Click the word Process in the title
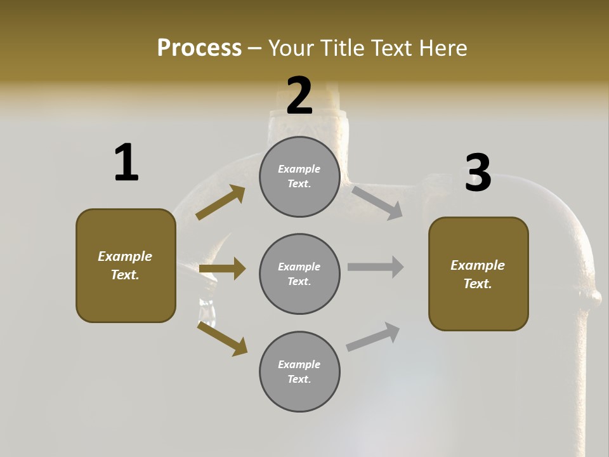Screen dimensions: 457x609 coord(199,48)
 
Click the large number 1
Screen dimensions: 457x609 coord(126,162)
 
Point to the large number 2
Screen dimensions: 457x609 coord(299,95)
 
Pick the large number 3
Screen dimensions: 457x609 coord(478,173)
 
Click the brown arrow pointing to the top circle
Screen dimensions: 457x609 coord(220,202)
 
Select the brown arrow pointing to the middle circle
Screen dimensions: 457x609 coord(222,268)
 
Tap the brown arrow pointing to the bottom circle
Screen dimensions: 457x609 coord(222,338)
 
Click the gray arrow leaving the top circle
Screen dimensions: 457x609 coord(377,202)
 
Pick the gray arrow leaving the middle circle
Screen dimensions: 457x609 coord(376,267)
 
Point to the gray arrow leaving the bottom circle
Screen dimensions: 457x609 coord(374,336)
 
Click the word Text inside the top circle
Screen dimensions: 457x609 coord(299,184)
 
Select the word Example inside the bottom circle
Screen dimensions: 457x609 coord(299,364)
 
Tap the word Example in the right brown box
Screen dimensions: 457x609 coord(478,265)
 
